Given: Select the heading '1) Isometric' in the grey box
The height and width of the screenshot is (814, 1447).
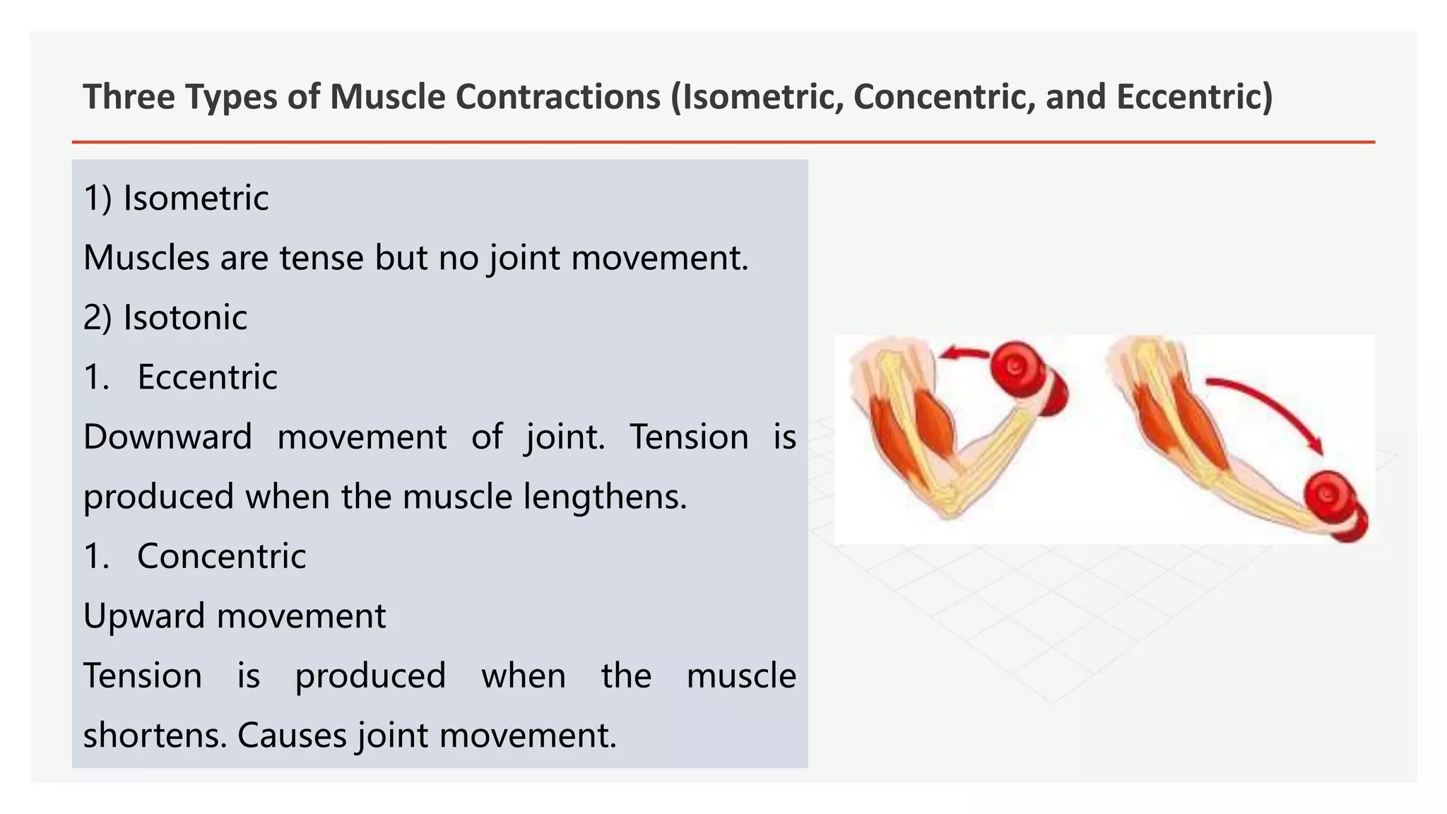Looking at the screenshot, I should tap(176, 198).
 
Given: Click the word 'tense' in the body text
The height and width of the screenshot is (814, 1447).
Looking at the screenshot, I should tap(321, 258).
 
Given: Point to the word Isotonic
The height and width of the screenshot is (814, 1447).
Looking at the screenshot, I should tap(185, 317).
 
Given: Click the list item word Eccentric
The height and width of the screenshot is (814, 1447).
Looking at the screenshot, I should tap(207, 377).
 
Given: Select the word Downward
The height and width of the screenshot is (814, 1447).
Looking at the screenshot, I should tap(167, 437).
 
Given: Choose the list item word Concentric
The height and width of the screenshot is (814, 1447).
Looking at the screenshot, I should tap(221, 556).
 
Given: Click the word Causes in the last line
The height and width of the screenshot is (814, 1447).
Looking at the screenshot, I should tap(292, 736).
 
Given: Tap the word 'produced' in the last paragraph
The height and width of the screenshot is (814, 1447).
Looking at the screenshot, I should tap(370, 676).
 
